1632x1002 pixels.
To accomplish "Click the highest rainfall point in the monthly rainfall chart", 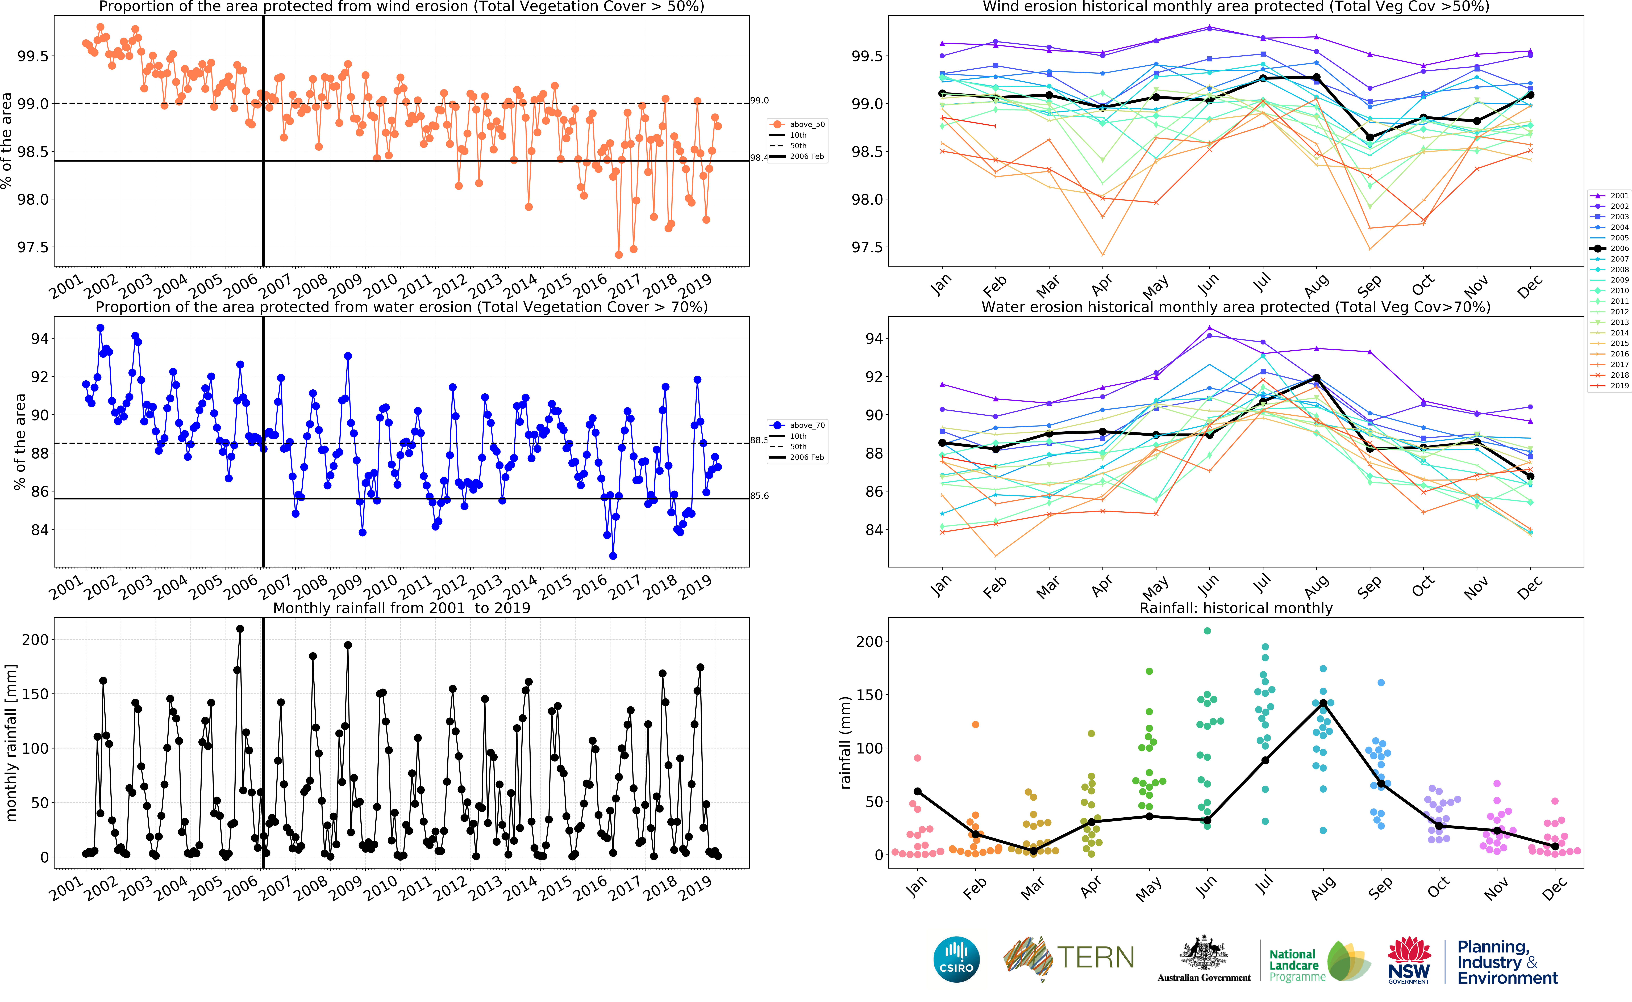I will click(x=240, y=629).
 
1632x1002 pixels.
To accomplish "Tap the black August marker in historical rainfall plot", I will click(x=1323, y=703).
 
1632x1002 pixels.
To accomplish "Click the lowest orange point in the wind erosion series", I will click(x=618, y=254).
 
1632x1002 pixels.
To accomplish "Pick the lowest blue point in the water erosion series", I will click(x=613, y=556).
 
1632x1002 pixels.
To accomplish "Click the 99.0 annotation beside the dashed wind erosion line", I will click(x=759, y=101).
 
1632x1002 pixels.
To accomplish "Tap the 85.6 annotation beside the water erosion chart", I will click(x=759, y=496).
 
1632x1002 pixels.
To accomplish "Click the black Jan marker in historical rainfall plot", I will click(x=917, y=791).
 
